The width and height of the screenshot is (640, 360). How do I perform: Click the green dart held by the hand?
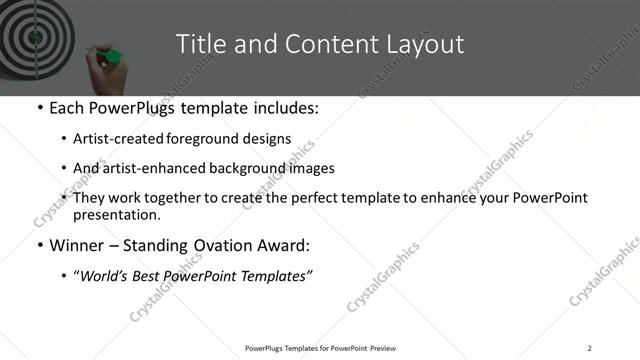(x=112, y=54)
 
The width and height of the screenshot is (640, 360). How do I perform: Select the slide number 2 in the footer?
(x=589, y=347)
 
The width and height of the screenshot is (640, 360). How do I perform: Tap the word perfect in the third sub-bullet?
(x=316, y=198)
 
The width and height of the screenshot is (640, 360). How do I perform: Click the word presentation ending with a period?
(x=117, y=215)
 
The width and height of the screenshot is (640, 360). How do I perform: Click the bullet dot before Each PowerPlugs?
(x=39, y=107)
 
